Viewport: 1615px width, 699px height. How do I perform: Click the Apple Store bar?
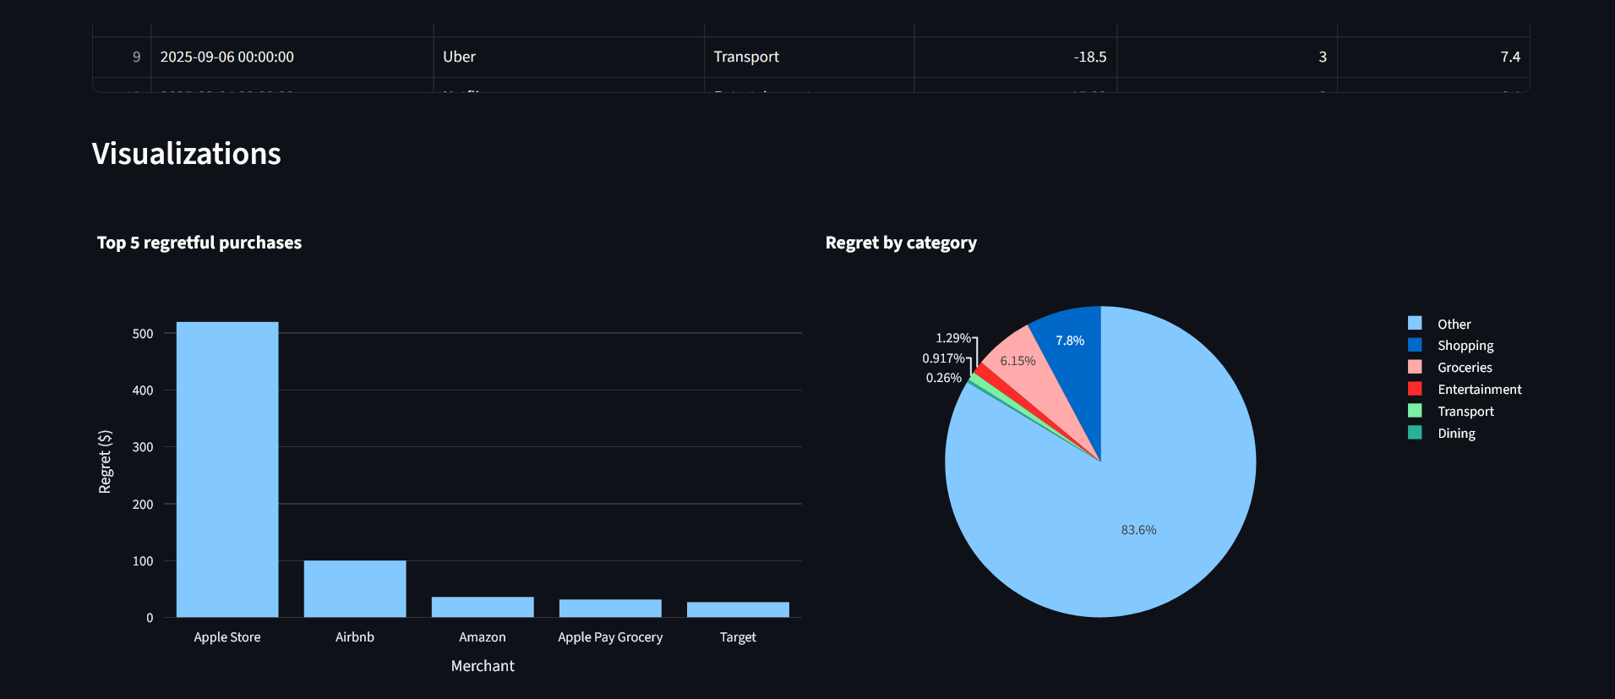[227, 469]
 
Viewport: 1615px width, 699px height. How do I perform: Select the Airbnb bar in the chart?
[355, 588]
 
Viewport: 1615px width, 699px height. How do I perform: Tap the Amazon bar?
[483, 607]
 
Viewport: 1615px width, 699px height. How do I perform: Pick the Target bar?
[738, 609]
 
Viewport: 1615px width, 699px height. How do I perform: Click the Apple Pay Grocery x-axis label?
[610, 637]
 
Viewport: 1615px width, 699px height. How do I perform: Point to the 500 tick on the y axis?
[143, 334]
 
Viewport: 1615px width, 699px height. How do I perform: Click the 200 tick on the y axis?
[143, 505]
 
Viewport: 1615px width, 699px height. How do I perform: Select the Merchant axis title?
[483, 666]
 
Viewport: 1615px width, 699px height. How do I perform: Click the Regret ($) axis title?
[105, 461]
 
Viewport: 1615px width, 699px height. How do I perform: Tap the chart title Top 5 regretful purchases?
[199, 243]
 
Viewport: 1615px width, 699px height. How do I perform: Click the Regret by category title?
[901, 243]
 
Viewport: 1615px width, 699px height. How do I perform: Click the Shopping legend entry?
[1465, 346]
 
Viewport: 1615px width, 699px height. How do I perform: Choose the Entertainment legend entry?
[1479, 390]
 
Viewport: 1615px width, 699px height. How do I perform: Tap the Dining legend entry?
[1456, 434]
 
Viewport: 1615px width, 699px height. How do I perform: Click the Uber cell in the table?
[460, 57]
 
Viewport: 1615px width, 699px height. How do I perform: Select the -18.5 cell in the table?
[1090, 57]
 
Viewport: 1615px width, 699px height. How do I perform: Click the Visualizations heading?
[187, 154]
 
